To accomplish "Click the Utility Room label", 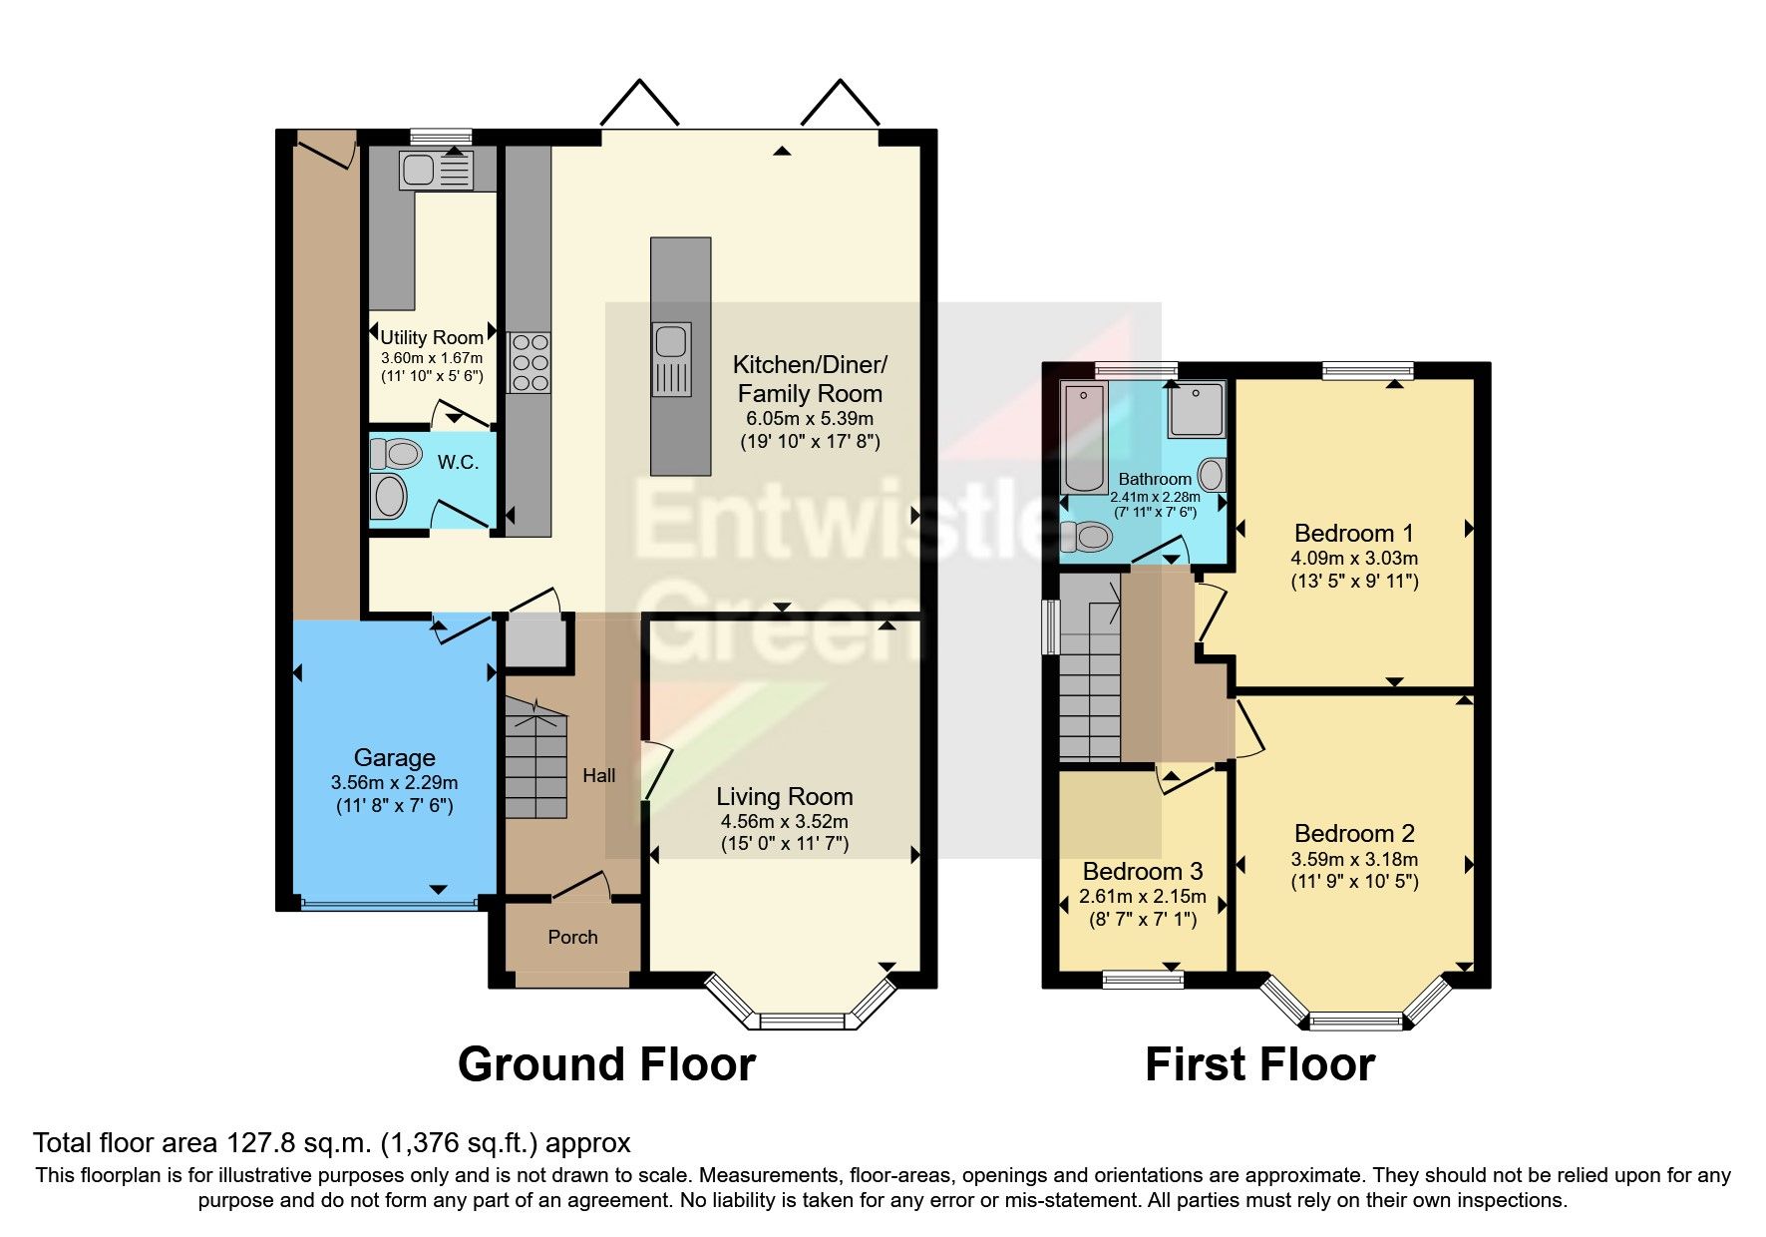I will (431, 337).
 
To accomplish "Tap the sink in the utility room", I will (436, 171).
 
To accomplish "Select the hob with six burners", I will (530, 362).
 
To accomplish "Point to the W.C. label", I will (458, 462).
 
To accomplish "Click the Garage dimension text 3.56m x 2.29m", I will (394, 782).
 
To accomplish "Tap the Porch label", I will (572, 937).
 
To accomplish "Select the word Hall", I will (598, 775).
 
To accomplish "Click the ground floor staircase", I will (535, 763).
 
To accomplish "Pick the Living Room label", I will (785, 796).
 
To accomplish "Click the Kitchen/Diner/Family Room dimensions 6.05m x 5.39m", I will (810, 419).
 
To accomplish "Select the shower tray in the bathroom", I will (1197, 408).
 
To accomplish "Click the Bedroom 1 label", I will (1353, 533).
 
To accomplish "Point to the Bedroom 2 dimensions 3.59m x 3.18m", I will (1353, 859).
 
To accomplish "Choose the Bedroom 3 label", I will (1143, 871).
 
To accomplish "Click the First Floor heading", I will (1259, 1064).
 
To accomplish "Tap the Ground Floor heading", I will (606, 1064).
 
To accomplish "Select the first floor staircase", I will (1090, 688).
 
